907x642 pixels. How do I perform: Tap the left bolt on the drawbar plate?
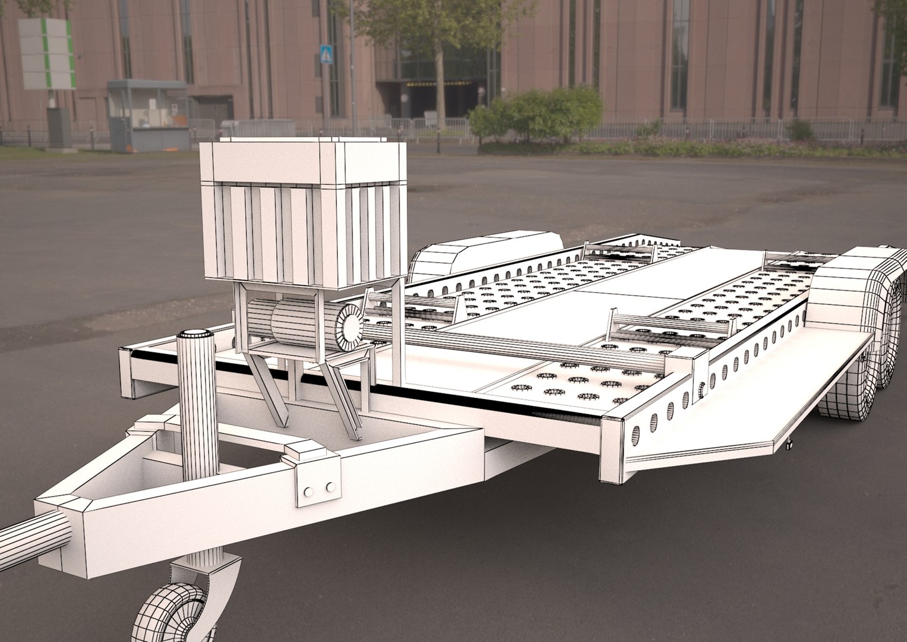[308, 492]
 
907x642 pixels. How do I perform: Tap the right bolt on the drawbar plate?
[330, 487]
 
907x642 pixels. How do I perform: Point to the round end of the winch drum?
[349, 325]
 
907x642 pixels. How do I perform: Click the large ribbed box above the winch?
[303, 211]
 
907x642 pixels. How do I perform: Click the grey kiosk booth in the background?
[147, 115]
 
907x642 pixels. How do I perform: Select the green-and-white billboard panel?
[48, 54]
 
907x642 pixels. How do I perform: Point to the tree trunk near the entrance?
[440, 89]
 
